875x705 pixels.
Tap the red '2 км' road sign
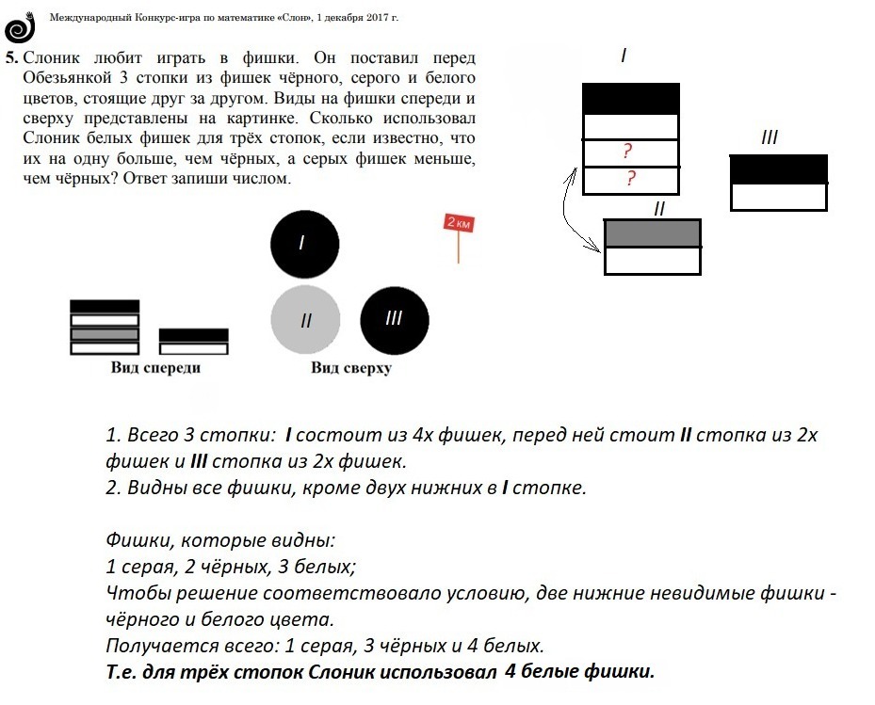pos(458,224)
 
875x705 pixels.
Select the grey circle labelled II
pos(305,320)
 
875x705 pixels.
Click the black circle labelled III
pos(394,317)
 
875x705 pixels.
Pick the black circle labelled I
pos(303,242)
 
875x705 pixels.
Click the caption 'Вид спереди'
pos(155,368)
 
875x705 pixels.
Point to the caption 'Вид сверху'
pos(350,368)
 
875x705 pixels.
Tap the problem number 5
pos(10,57)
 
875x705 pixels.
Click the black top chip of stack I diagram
pos(630,99)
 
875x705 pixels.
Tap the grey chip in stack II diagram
pos(652,232)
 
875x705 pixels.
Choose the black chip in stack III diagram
pos(778,168)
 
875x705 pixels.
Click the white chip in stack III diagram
pos(778,197)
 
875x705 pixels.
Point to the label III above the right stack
pos(769,138)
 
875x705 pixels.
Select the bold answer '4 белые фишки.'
pos(578,672)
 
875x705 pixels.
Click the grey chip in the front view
pos(105,334)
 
